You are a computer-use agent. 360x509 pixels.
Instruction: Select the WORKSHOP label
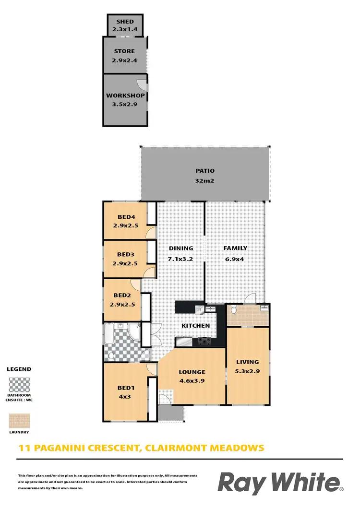[125, 95]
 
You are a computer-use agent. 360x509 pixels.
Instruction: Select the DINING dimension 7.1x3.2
[180, 259]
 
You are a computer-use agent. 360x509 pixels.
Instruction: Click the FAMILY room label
[235, 248]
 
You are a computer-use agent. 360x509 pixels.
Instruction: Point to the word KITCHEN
[195, 326]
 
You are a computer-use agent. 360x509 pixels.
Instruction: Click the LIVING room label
[247, 362]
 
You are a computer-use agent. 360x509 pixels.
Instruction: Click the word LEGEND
[19, 369]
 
